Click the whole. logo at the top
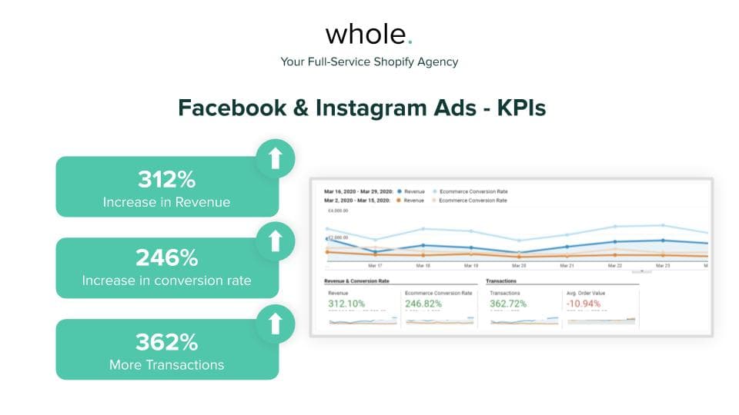(x=369, y=34)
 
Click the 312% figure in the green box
(x=167, y=180)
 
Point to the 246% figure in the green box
(x=167, y=257)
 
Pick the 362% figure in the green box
(x=167, y=342)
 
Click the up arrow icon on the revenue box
(x=275, y=158)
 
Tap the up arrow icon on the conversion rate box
(x=275, y=241)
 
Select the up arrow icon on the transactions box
(x=275, y=324)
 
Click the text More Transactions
(x=167, y=364)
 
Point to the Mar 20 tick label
(x=519, y=266)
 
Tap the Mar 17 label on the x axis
(x=376, y=266)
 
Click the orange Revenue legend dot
(x=399, y=200)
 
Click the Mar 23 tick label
(x=662, y=266)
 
